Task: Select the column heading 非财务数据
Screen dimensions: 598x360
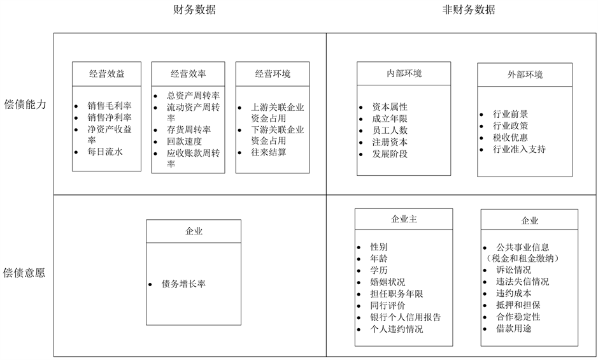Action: [x=468, y=10]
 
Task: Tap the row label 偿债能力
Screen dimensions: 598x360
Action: [x=25, y=104]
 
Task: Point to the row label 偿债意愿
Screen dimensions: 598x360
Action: [x=25, y=273]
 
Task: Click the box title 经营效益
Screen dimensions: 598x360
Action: [x=106, y=74]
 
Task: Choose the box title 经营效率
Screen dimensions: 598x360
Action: [x=189, y=74]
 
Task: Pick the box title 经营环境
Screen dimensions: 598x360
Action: [x=273, y=74]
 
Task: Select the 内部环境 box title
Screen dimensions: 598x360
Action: [x=404, y=73]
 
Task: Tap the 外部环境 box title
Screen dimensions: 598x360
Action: [x=525, y=75]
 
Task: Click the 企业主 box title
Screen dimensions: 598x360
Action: [x=404, y=219]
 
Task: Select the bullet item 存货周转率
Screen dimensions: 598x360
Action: [x=189, y=130]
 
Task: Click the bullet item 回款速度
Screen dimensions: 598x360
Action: [x=184, y=141]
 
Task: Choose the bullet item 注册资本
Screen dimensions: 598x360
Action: [x=390, y=141]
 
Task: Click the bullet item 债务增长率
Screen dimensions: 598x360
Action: [x=183, y=284]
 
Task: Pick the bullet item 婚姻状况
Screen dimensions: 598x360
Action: [x=387, y=282]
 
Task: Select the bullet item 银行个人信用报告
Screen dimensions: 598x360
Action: [x=405, y=317]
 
